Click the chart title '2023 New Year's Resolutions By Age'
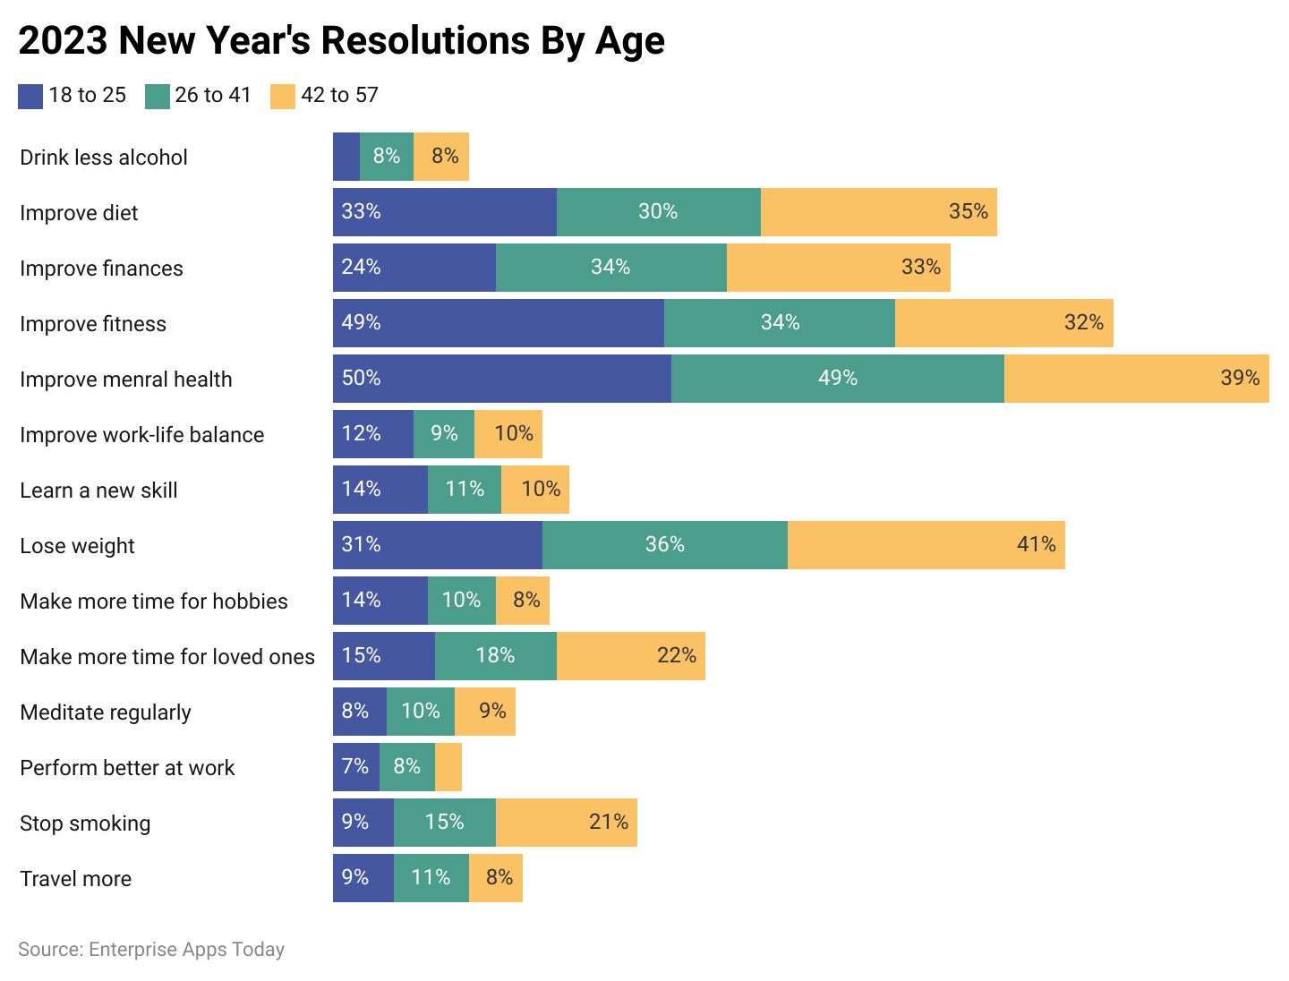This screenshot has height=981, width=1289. pos(341,41)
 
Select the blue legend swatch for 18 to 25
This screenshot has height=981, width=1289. pos(30,96)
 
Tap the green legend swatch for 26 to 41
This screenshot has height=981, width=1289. pos(158,96)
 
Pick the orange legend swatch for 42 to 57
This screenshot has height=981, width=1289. pos(283,96)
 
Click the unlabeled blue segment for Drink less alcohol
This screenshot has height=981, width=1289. pos(346,157)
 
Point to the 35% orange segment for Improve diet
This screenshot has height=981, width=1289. pos(878,212)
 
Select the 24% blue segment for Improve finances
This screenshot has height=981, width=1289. pos(414,268)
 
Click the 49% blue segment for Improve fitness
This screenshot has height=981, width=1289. pos(499,323)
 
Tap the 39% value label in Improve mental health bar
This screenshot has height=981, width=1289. pos(1240,378)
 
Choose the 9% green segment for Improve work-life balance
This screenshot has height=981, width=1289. pos(444,434)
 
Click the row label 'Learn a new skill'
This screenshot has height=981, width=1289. pos(98,490)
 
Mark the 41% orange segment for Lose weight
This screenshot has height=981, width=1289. pos(926,545)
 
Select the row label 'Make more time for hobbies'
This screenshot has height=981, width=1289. pos(154,601)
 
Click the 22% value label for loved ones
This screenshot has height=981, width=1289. pos(676,655)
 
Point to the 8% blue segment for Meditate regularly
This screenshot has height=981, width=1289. pos(360,712)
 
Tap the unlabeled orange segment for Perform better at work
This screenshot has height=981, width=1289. pos(448,767)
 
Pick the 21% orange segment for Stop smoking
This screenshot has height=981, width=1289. pos(566,823)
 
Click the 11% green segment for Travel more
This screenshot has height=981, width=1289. pos(431,878)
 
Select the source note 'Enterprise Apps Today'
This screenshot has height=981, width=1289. pos(151,950)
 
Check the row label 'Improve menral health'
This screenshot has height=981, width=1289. pos(126,380)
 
